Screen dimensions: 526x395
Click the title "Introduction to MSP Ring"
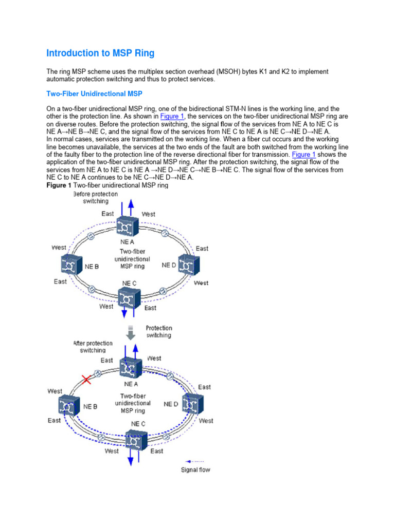tap(100, 53)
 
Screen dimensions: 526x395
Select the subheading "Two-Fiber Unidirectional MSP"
tap(94, 94)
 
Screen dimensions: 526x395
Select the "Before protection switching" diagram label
tap(95, 198)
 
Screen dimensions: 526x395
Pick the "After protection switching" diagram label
tap(93, 347)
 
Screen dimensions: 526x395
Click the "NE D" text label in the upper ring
tap(169, 265)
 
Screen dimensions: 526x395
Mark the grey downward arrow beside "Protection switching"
tap(131, 332)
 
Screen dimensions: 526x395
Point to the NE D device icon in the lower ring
tap(192, 405)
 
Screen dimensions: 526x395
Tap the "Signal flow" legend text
tap(195, 469)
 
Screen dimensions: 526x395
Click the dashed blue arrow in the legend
tap(194, 461)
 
